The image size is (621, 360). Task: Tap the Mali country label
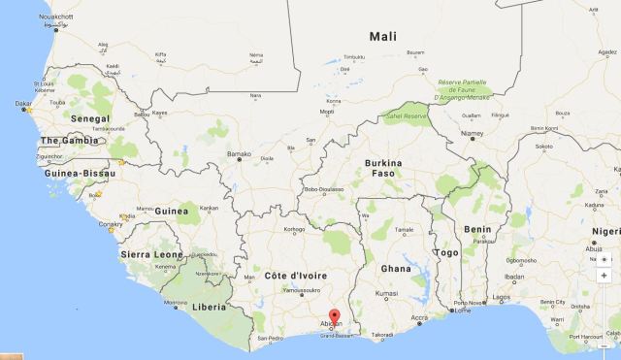click(x=383, y=37)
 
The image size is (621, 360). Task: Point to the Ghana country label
click(x=394, y=269)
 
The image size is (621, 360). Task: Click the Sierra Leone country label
click(x=150, y=253)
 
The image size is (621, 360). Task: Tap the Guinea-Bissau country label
click(x=72, y=173)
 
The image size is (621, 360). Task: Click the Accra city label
click(x=418, y=318)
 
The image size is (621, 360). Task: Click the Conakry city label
click(x=111, y=223)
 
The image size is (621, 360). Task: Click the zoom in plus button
click(x=605, y=275)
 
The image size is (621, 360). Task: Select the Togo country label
click(x=446, y=253)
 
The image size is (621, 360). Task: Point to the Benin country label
click(x=477, y=230)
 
